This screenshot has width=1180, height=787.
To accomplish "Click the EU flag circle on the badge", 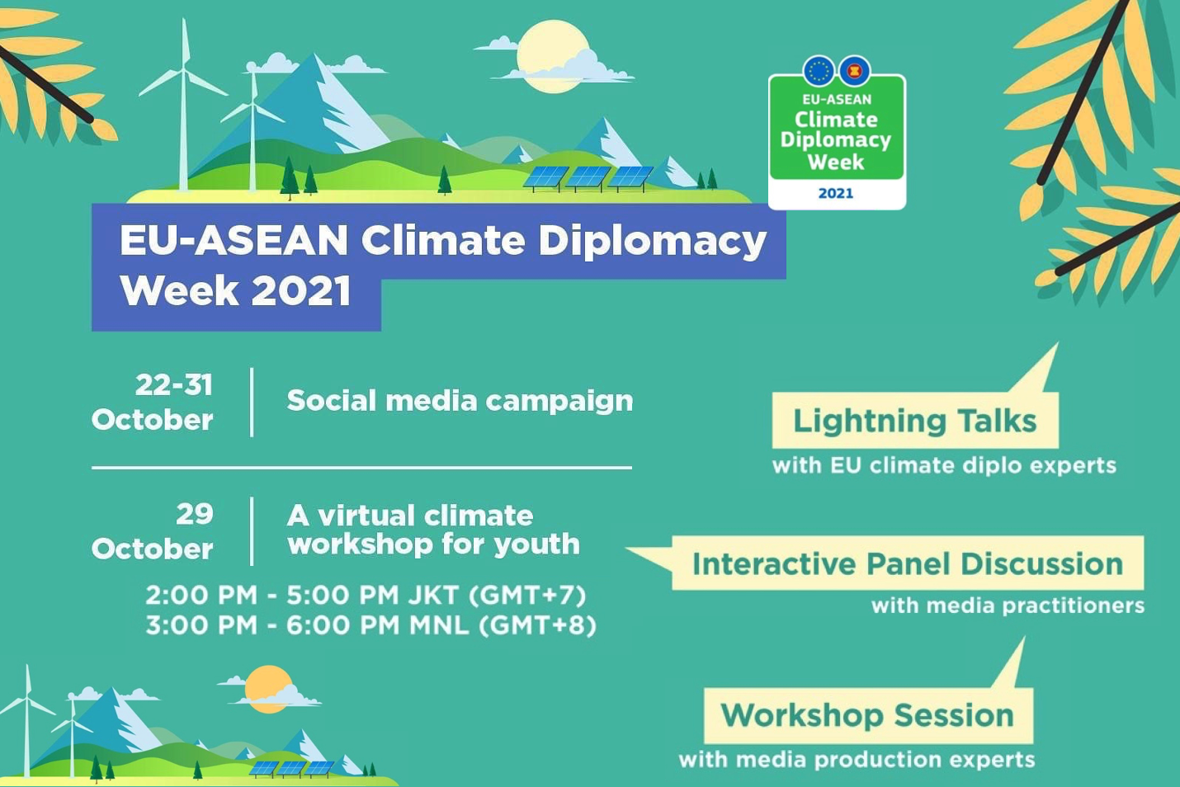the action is point(819,71).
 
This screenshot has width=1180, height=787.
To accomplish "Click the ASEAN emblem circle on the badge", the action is point(854,71).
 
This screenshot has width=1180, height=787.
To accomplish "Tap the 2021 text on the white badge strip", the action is point(836,193).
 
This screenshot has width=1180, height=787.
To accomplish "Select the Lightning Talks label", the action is point(915,421).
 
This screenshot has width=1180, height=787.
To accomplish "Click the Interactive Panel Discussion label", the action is point(908,563).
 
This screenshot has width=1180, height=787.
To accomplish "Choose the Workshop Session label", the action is point(867,715).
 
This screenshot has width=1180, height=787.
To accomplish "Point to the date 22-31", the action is point(174,385).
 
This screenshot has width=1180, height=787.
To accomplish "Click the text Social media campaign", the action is point(460,401).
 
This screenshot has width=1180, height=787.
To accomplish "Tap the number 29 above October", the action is point(195,514).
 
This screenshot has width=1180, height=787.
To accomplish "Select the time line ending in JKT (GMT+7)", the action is point(366,596).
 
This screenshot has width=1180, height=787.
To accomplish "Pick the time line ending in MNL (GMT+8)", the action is point(371,626).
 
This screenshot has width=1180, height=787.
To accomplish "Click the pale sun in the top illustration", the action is point(553,57).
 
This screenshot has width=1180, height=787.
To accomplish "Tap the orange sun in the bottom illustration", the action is point(269,689).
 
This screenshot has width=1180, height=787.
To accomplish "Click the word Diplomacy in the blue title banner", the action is point(652,241).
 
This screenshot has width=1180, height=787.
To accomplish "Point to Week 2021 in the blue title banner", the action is point(236,290).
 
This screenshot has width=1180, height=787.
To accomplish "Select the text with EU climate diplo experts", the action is point(945,465).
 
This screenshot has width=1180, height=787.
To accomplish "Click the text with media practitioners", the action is point(1008,606).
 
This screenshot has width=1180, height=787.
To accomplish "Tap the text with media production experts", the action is point(857,760).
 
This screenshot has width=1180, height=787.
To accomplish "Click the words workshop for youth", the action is point(433,544).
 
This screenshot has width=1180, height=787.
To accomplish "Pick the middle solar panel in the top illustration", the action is point(588,177).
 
